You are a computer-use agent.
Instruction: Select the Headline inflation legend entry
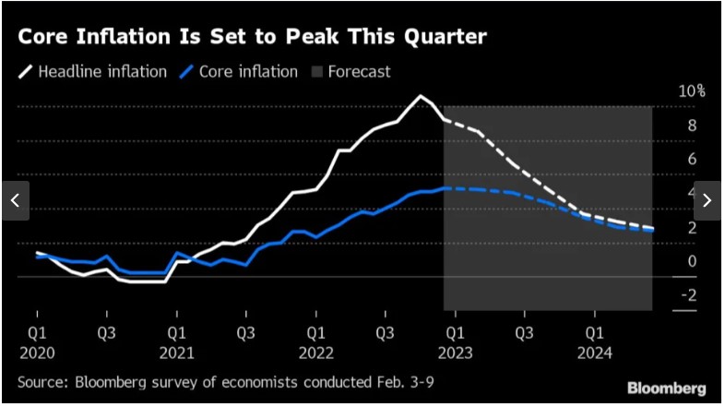click(x=92, y=71)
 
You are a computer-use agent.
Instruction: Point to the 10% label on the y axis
click(x=692, y=91)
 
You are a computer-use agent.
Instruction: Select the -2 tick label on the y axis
click(x=689, y=295)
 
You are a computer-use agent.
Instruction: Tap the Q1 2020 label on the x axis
click(x=37, y=341)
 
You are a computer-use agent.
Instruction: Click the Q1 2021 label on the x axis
click(x=176, y=341)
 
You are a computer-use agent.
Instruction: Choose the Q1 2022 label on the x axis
click(x=315, y=341)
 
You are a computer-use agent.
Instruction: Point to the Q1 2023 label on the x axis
click(x=455, y=341)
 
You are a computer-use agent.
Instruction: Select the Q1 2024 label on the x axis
click(x=594, y=341)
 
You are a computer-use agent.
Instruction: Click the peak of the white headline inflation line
click(x=422, y=96)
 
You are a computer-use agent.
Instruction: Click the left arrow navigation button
click(x=15, y=201)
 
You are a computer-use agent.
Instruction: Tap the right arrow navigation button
click(x=709, y=201)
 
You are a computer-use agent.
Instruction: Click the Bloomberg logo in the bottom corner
click(x=667, y=388)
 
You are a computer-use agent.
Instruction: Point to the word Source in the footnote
click(x=40, y=380)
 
